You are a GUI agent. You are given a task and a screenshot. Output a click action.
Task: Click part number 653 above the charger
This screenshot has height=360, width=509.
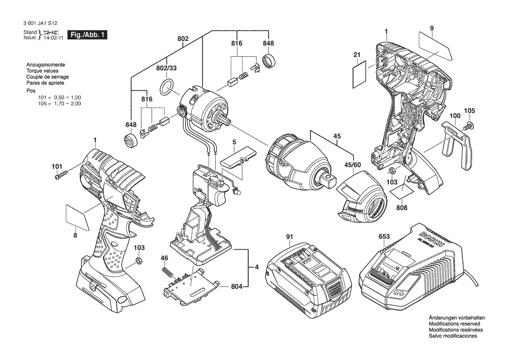[384, 237]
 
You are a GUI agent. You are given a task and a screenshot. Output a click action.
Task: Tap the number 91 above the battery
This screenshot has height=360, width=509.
[290, 237]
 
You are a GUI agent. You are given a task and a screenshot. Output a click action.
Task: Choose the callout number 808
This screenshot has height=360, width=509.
[401, 208]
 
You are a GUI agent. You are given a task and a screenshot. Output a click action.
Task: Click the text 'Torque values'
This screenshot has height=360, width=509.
[42, 71]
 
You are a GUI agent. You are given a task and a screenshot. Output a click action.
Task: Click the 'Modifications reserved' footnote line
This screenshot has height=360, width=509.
[454, 324]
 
